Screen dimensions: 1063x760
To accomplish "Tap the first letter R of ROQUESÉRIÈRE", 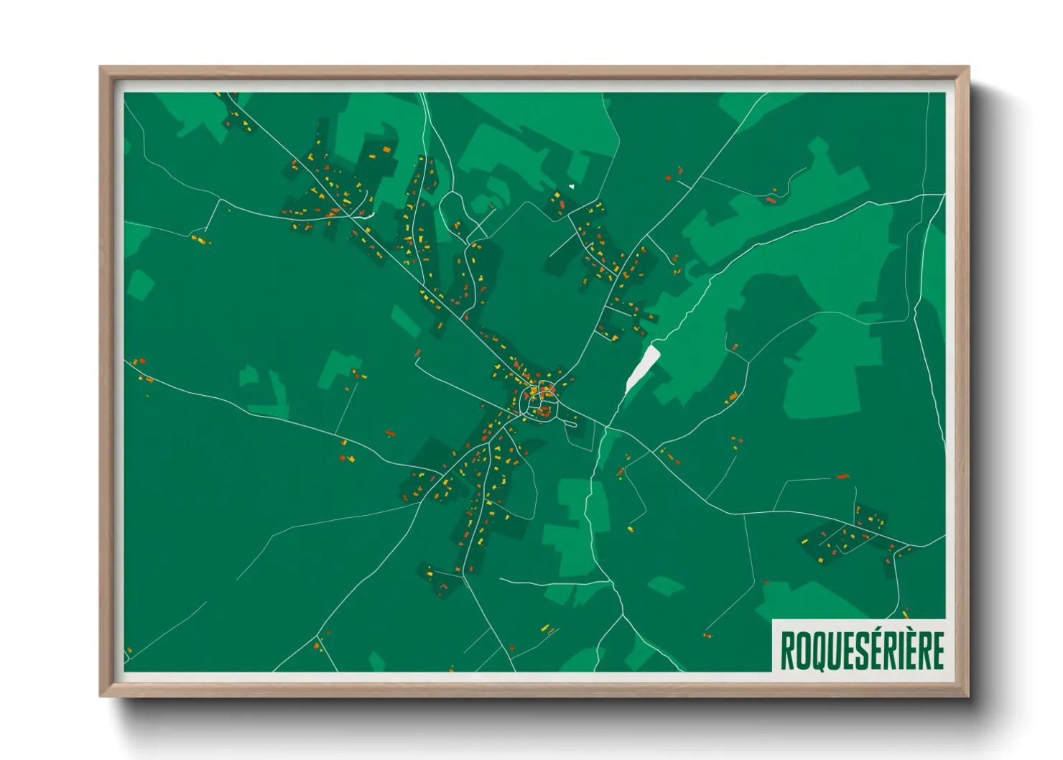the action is click(787, 650).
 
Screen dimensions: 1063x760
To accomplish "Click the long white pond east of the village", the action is click(642, 367).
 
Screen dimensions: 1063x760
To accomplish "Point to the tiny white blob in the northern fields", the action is click(572, 187).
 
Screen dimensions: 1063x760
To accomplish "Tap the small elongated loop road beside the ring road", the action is click(572, 422).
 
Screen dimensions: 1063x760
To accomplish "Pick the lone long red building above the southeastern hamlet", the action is click(842, 476).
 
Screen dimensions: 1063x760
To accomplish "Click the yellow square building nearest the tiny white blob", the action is click(557, 196).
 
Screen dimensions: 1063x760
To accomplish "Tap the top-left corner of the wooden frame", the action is click(101, 68).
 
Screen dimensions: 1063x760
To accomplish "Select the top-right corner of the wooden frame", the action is click(968, 68).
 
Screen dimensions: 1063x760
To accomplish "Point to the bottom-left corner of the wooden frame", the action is click(101, 695).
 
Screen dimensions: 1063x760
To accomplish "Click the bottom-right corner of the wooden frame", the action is click(968, 695).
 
